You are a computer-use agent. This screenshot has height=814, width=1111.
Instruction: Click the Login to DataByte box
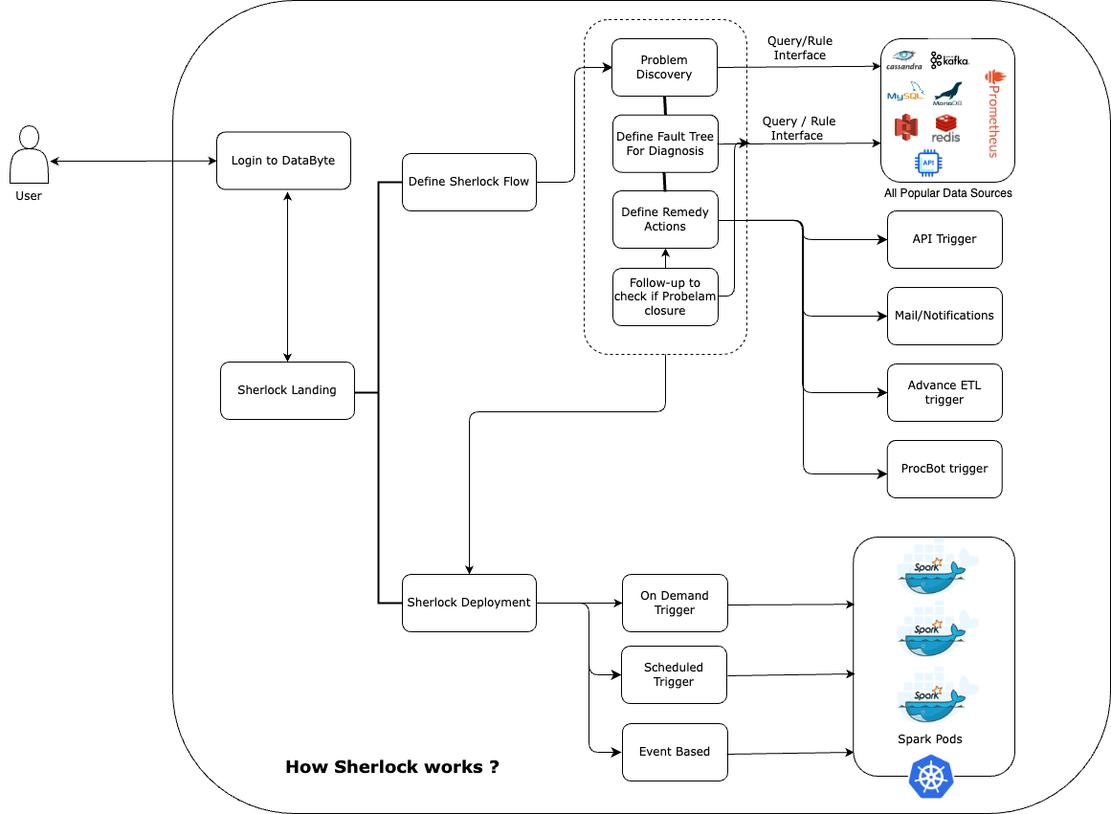coord(283,161)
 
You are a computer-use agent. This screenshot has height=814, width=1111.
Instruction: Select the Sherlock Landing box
coord(287,390)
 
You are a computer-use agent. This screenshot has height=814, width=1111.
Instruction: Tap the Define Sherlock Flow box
coord(469,182)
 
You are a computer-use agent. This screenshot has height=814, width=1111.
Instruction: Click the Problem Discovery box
coord(664,67)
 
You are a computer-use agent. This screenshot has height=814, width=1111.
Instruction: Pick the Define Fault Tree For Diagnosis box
coord(665,144)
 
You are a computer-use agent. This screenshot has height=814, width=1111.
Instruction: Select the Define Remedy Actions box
coord(665,219)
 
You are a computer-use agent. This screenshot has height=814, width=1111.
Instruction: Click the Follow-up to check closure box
coord(665,297)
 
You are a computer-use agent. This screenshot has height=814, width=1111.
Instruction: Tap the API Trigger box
coord(944,239)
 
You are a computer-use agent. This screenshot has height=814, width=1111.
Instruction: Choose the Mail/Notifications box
coord(944,316)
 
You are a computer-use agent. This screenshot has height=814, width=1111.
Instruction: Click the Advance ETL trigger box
coord(944,392)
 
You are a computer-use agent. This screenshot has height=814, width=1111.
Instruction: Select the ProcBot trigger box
coord(944,469)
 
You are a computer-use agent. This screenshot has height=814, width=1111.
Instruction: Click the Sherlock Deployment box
coord(469,603)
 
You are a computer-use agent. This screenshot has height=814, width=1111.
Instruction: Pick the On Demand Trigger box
coord(675,603)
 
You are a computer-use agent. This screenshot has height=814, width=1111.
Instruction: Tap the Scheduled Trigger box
coord(674,674)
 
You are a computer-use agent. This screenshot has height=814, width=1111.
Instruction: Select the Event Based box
coord(675,752)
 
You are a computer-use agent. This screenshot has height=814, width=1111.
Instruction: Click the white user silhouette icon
coord(29,155)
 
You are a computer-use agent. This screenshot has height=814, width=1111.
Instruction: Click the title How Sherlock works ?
coord(392,767)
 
